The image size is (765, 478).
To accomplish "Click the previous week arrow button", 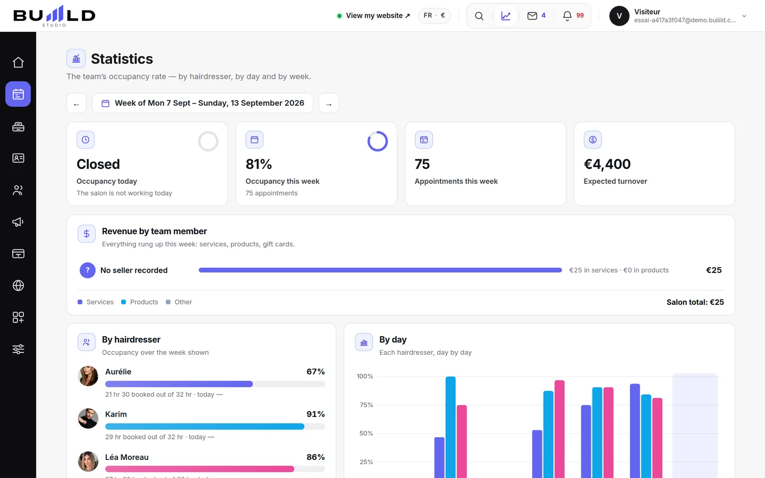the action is click(x=76, y=103).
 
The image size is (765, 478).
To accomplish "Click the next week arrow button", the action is click(x=328, y=103).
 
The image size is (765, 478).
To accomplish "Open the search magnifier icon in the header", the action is click(x=479, y=16).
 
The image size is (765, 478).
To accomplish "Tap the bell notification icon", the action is click(x=567, y=16).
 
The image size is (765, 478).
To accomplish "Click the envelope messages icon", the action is click(x=532, y=16).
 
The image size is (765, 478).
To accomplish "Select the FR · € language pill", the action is click(x=434, y=15).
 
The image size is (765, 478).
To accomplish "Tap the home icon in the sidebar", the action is click(x=18, y=63).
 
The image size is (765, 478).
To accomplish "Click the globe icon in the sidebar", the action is click(x=18, y=285).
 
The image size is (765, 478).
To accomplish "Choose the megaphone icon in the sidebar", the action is click(x=18, y=222).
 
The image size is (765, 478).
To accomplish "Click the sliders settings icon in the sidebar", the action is click(x=18, y=349).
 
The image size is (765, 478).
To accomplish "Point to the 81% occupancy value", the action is click(x=259, y=164).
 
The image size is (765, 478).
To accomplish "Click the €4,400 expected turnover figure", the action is click(x=607, y=164).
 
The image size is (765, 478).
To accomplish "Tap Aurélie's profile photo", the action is click(x=88, y=376).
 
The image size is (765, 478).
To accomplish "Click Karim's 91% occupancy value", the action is click(x=315, y=414).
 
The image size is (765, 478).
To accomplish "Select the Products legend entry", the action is click(x=140, y=302).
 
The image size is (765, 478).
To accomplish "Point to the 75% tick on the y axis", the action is click(x=366, y=405).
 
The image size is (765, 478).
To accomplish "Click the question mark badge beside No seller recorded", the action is click(x=88, y=270).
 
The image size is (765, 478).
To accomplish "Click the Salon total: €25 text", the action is click(x=695, y=302).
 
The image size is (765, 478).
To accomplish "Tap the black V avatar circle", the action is click(x=619, y=16).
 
